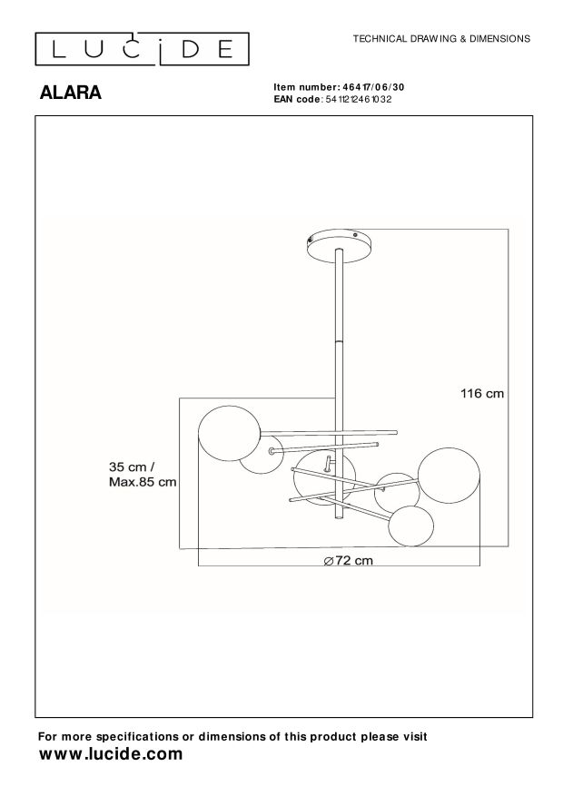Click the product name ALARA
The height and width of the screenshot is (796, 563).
point(69,93)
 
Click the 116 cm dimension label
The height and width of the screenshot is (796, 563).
point(481,394)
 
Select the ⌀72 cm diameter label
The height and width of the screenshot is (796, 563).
point(349,560)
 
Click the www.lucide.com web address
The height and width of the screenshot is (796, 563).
point(112,754)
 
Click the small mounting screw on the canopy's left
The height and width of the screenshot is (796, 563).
point(310,241)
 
